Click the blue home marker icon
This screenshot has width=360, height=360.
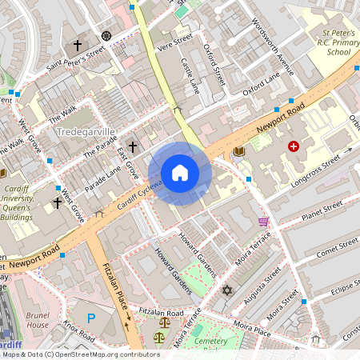180,172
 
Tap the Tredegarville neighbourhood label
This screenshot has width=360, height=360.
87,130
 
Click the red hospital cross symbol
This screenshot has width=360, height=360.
294,146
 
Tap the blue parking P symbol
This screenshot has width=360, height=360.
91,318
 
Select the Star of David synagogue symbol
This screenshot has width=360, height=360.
227,289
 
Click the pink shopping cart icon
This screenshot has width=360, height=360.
263,221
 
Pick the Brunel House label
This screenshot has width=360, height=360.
38,320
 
